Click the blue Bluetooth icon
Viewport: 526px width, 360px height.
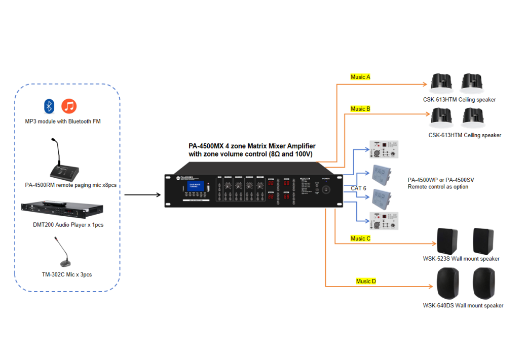point(49,106)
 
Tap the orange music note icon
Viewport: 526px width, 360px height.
point(69,106)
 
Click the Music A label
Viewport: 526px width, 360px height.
point(360,77)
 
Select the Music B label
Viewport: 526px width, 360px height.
point(360,109)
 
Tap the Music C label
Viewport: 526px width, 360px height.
point(360,238)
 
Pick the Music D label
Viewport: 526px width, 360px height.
point(366,281)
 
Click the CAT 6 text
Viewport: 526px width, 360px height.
point(359,188)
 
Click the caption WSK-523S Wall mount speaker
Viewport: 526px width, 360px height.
point(461,259)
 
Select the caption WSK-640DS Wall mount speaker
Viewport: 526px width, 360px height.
point(463,305)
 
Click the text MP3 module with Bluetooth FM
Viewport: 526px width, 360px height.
point(63,122)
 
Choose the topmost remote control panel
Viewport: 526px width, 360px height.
point(384,149)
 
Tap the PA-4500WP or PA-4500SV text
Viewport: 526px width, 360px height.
point(441,180)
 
